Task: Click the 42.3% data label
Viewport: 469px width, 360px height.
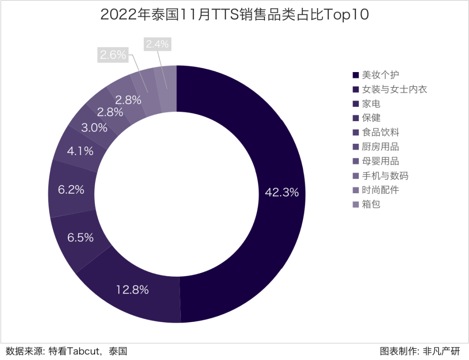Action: [x=282, y=192]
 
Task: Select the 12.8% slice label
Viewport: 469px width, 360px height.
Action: [x=132, y=290]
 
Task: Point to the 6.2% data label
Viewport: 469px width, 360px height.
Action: [x=71, y=190]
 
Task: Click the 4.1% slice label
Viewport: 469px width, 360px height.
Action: [x=80, y=151]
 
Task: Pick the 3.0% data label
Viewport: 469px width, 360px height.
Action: [x=94, y=128]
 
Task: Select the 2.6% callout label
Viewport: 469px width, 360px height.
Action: [x=113, y=55]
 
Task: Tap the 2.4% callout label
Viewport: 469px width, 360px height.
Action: [x=157, y=44]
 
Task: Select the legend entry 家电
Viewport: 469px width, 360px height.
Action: [x=371, y=104]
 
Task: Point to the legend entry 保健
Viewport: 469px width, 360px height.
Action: [x=371, y=118]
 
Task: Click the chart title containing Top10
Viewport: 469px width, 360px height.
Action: [x=234, y=15]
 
